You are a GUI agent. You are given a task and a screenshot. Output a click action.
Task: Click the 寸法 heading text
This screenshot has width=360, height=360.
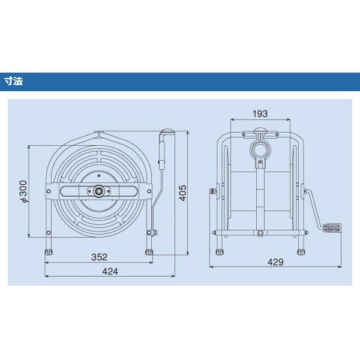[14, 81]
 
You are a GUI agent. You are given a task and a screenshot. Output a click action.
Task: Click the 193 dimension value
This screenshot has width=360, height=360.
[260, 114]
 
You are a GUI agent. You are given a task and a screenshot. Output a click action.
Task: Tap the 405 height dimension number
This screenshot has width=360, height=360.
[183, 193]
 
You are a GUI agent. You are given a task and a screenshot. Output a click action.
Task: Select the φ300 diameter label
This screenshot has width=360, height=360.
[23, 191]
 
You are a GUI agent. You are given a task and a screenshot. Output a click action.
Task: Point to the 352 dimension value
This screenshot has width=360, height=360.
[99, 257]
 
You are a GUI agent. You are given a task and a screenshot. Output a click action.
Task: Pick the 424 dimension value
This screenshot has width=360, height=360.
[110, 271]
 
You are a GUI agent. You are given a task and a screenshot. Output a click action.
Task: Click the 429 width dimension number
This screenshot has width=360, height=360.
[275, 262]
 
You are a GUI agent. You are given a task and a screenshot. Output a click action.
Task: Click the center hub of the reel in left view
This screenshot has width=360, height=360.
[99, 191]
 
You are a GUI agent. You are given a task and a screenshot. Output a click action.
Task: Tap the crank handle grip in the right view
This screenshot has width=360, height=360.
[332, 228]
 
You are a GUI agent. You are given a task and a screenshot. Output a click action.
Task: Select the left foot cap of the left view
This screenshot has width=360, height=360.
[49, 252]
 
